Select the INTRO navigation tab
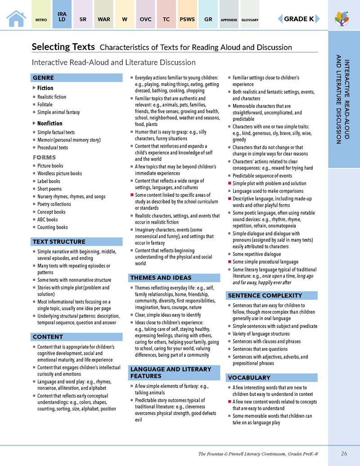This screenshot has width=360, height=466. (x=41, y=20)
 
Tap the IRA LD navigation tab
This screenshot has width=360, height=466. (x=62, y=17)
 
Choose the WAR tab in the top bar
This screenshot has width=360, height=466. (x=103, y=20)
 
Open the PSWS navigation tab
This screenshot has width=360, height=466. (x=187, y=20)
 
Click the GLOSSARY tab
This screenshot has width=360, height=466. (x=250, y=20)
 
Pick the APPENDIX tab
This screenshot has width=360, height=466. (x=229, y=20)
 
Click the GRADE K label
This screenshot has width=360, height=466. (x=298, y=19)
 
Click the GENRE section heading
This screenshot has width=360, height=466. (x=44, y=78)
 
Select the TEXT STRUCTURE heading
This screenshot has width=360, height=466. (x=58, y=242)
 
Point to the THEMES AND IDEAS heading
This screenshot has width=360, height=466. (x=161, y=278)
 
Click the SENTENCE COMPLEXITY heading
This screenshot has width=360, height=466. (x=265, y=296)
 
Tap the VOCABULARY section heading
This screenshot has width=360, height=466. (x=249, y=378)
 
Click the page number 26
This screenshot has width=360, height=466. (x=344, y=453)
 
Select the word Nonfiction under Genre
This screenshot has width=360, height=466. (x=49, y=123)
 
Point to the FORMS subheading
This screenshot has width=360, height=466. (x=44, y=158)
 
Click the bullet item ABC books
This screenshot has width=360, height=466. (x=47, y=220)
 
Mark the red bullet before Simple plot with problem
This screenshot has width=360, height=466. (x=229, y=184)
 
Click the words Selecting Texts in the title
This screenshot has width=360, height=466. (x=63, y=47)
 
